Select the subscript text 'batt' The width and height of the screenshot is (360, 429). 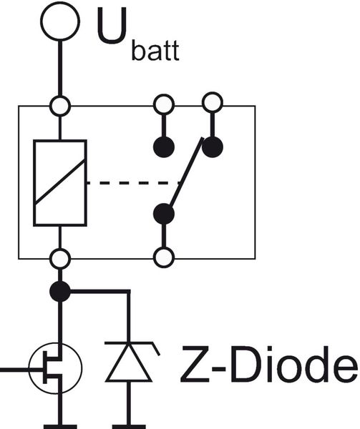(x=155, y=52)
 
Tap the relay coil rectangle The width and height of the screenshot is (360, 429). (x=59, y=182)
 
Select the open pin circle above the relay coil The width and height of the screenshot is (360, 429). (x=59, y=106)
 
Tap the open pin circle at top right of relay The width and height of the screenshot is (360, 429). (x=212, y=102)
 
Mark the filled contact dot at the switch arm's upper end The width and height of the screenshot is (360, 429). (x=212, y=147)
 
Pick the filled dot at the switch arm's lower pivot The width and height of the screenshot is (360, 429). (x=165, y=213)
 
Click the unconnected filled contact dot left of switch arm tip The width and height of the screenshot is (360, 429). (x=165, y=147)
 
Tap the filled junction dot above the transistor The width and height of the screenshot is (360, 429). (x=59, y=291)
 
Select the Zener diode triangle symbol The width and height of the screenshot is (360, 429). (x=128, y=363)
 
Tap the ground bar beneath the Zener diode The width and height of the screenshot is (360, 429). (x=128, y=425)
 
